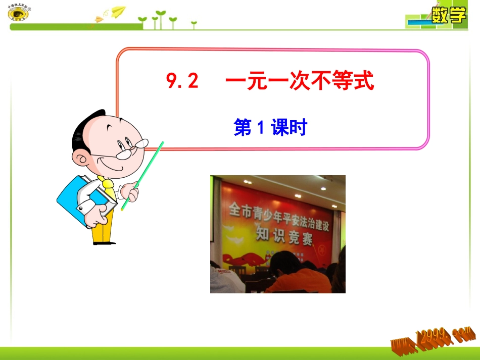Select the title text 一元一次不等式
pos(300,81)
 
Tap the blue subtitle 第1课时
pos(270,128)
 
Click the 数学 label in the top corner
pos(448,15)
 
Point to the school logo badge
pos(18,13)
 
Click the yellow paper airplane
pos(118,10)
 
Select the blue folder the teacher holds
pos(76,199)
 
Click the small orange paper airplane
pos(98,20)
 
